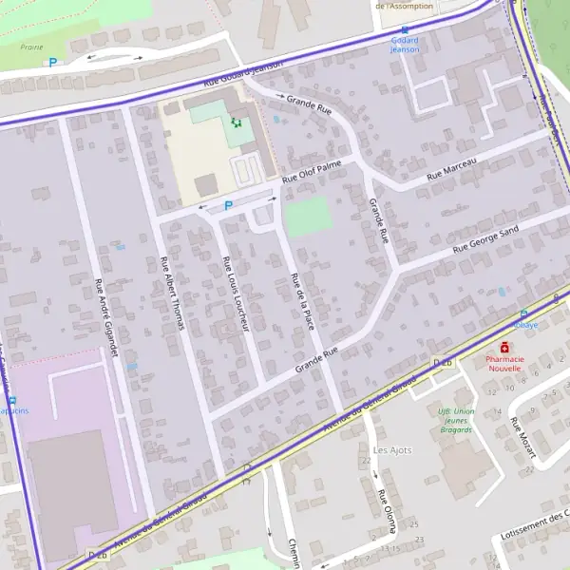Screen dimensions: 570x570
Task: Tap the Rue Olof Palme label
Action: [x=313, y=173]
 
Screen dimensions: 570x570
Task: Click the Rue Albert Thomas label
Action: [x=172, y=294]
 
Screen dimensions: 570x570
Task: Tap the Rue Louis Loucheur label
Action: [x=235, y=294]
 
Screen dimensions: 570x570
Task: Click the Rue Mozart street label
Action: [x=522, y=438]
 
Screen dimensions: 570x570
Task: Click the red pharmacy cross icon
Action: [x=503, y=348]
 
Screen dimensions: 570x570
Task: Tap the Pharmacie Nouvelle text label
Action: [x=504, y=363]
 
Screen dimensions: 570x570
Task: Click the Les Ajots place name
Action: [x=392, y=449]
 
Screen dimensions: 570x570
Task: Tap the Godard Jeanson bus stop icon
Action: [x=405, y=29]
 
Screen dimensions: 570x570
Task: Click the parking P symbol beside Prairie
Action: [x=52, y=63]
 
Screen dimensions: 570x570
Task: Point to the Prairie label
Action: [x=31, y=46]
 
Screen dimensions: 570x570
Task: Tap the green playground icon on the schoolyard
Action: [x=237, y=122]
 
